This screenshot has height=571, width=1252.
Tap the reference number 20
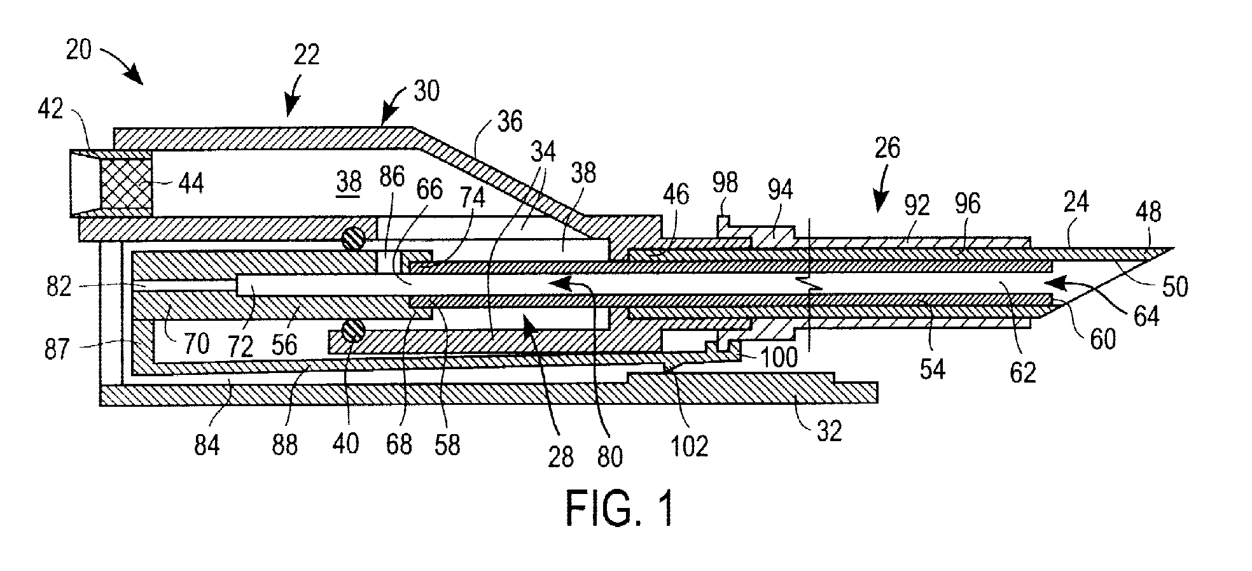tap(79, 50)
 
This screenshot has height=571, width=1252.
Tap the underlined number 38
tap(349, 183)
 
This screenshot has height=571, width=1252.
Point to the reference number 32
tap(828, 432)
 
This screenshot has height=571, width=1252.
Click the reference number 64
tap(1146, 315)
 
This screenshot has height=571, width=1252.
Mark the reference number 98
tap(725, 183)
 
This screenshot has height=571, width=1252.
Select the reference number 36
tap(510, 120)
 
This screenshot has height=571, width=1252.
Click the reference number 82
tap(59, 286)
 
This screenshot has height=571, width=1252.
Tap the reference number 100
tap(779, 357)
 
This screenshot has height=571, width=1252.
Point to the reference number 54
tap(932, 369)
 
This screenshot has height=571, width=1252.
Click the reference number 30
tap(426, 91)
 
